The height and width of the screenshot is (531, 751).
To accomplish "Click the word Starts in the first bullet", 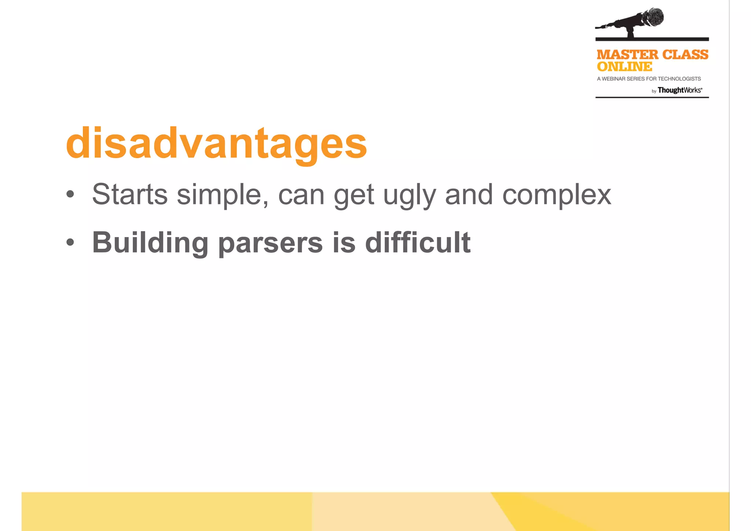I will coord(129,194).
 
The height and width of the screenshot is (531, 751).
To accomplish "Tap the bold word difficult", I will coord(418,242).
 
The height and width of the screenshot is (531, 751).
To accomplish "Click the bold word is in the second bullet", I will coord(344,242).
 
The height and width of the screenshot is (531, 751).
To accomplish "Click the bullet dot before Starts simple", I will coord(70,194).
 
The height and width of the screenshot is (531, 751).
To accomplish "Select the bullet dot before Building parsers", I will coord(70,242).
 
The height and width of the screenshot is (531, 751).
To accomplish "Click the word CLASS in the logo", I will coord(685,55).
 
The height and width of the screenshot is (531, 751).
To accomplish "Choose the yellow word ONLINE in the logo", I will coord(624,67).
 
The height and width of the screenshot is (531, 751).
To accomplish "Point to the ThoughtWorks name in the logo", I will coord(679,90).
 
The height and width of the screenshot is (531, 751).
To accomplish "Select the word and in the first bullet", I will coord(469,194).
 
